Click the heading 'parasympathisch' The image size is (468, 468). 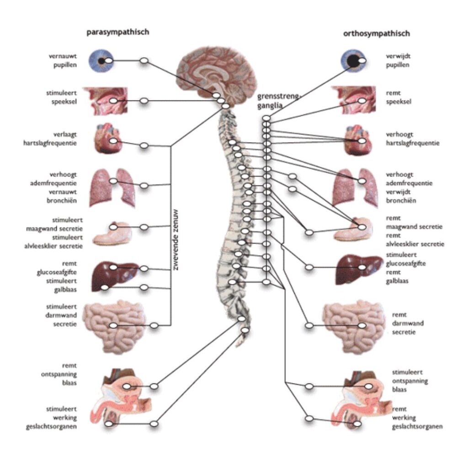pos(118,32)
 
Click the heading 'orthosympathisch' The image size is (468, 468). pos(376,33)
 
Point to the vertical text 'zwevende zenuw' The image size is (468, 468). pos(175,240)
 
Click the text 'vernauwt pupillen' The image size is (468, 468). pos(63,60)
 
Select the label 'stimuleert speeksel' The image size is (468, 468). pos(63,97)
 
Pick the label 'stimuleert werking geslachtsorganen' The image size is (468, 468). pos(51,418)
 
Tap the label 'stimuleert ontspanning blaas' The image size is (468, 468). pos(410,381)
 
